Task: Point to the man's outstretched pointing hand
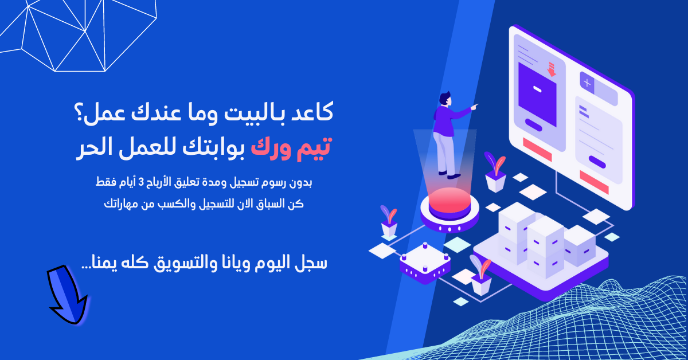click(475, 107)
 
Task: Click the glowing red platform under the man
click(449, 205)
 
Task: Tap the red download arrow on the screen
click(552, 69)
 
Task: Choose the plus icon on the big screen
click(587, 83)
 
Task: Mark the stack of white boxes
click(539, 236)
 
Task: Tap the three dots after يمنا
click(89, 266)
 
